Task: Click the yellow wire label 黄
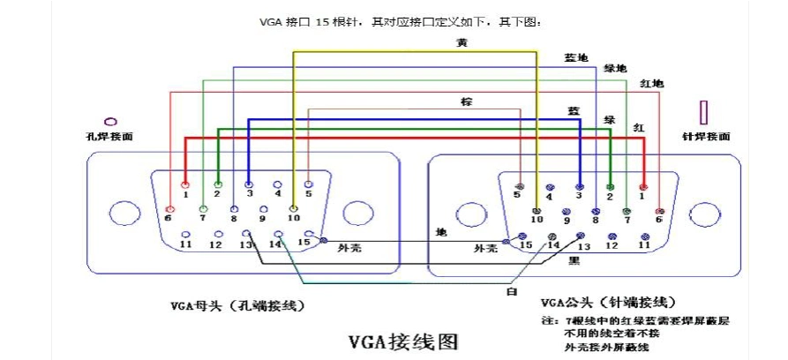click(x=462, y=42)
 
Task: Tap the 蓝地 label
click(x=576, y=57)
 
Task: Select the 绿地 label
click(x=615, y=68)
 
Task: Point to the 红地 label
click(x=651, y=83)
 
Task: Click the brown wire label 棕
click(x=467, y=101)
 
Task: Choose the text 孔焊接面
click(x=109, y=137)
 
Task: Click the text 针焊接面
click(x=706, y=137)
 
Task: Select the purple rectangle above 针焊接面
click(x=704, y=113)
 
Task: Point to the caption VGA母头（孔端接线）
click(x=238, y=306)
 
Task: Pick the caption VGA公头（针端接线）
click(x=602, y=302)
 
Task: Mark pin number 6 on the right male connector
click(x=658, y=211)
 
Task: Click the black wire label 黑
click(x=574, y=261)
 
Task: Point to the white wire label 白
click(x=512, y=290)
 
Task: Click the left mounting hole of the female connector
click(x=121, y=213)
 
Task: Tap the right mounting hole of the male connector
click(x=704, y=213)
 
